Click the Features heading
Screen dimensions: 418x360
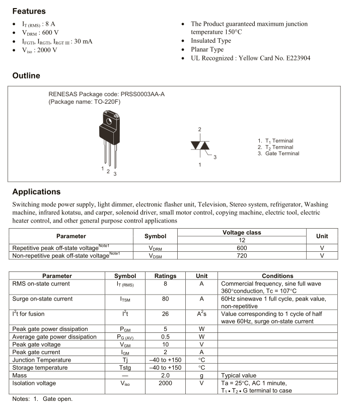[x=29, y=11]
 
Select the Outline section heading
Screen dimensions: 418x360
[x=26, y=76]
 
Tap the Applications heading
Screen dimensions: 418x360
[x=36, y=192]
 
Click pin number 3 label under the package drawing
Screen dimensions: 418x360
[x=115, y=174]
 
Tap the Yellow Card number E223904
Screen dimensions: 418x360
[x=297, y=58]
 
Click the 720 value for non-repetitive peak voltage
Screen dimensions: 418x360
[x=242, y=255]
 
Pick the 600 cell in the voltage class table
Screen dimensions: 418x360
[x=242, y=248]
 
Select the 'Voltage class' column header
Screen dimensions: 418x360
[x=242, y=233]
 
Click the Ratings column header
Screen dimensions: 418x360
[x=165, y=276]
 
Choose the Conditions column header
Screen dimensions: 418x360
[x=277, y=276]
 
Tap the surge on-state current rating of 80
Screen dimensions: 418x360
[x=165, y=299]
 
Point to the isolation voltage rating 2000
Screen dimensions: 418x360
[x=165, y=383]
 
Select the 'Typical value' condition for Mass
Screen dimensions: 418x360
[x=239, y=375]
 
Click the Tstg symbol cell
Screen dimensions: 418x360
[x=125, y=368]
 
